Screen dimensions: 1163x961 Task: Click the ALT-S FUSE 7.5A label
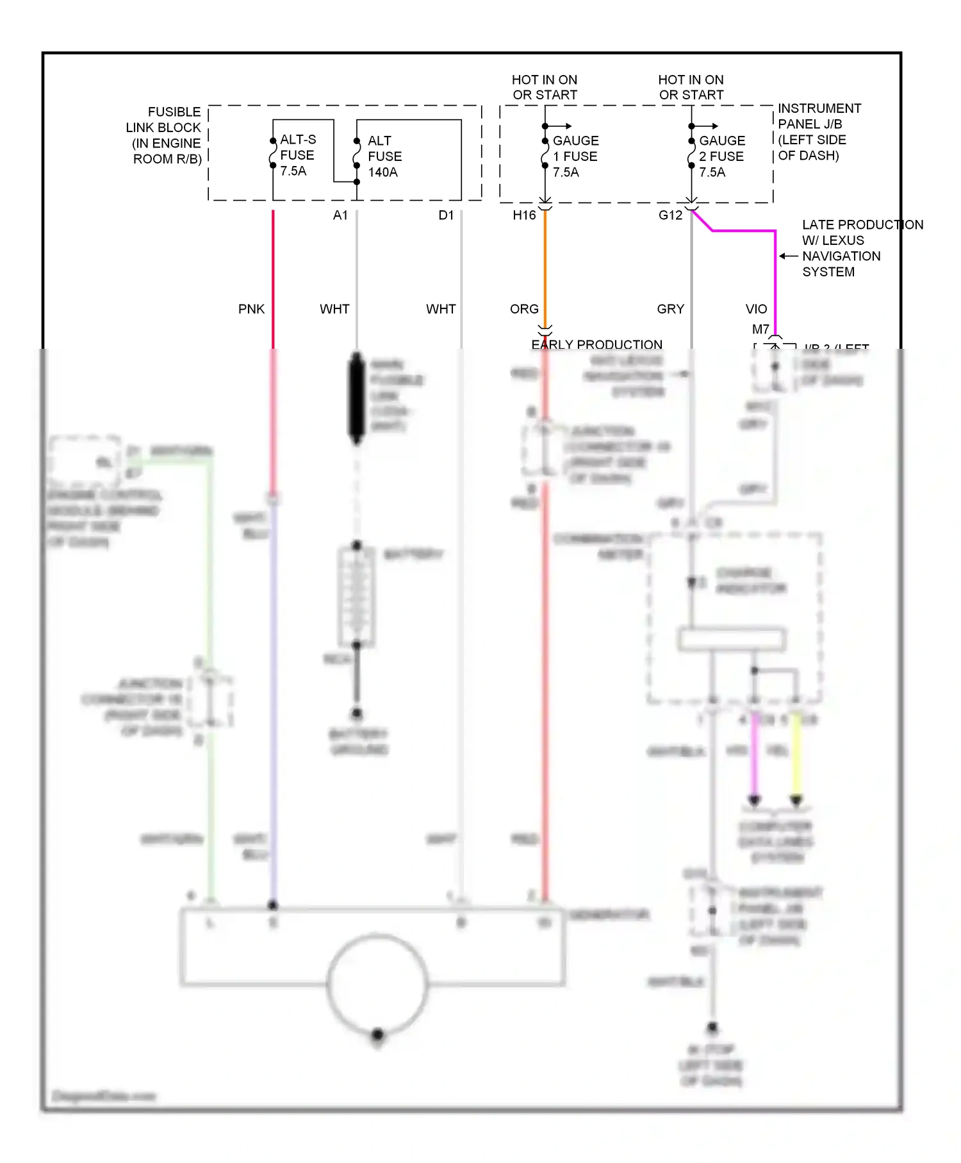tap(297, 155)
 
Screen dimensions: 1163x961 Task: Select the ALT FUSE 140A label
tap(384, 156)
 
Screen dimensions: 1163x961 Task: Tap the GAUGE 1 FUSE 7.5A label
tap(575, 156)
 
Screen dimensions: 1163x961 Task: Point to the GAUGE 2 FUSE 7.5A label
tap(721, 156)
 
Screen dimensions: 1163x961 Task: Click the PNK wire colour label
tap(251, 309)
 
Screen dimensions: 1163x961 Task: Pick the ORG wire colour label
tap(524, 309)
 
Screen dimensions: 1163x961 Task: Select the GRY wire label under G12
tap(670, 309)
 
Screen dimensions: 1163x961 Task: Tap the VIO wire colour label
tap(756, 309)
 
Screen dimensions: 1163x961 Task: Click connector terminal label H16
tap(524, 215)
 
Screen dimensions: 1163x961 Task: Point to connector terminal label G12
tap(670, 215)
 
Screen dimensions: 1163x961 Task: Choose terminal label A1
tap(340, 215)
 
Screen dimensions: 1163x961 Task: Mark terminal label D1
tap(446, 215)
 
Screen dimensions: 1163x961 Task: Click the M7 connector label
tap(760, 330)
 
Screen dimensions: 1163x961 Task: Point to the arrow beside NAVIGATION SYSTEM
tap(788, 256)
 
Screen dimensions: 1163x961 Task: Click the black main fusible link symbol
tap(356, 397)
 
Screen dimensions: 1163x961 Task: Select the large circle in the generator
tap(377, 982)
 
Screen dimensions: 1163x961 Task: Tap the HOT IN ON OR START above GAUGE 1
tap(545, 87)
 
